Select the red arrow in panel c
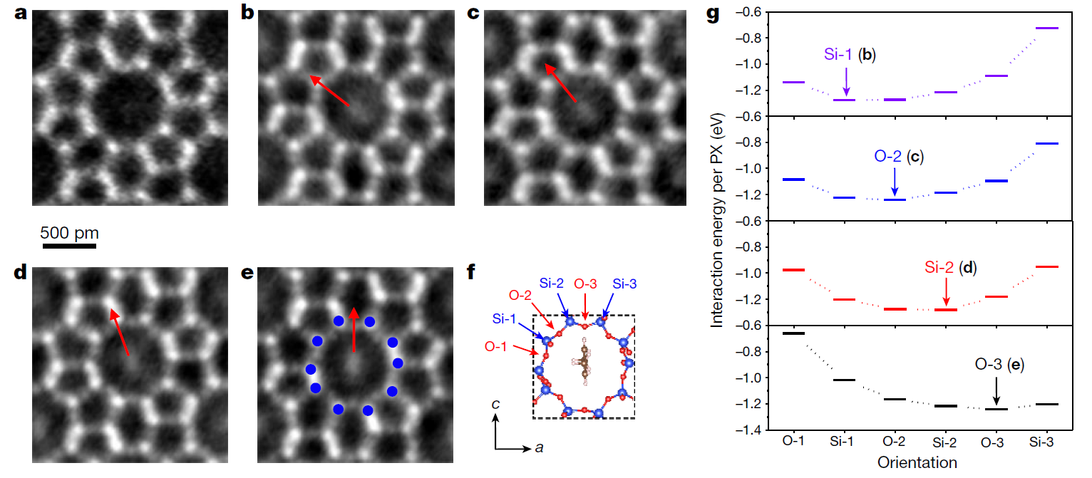click(x=561, y=81)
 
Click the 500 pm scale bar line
click(x=69, y=247)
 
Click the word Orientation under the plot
click(x=918, y=462)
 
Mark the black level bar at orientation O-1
click(x=793, y=333)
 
